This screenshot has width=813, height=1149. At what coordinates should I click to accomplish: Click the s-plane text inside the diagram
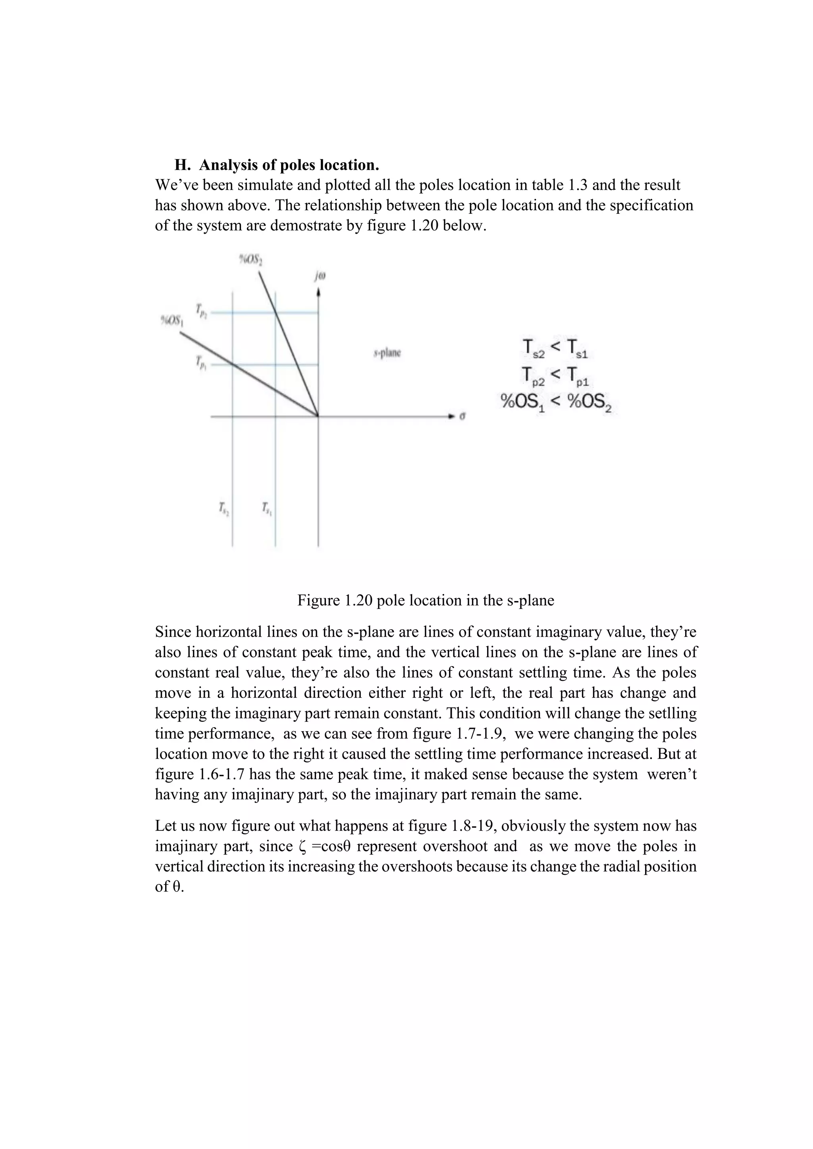[x=387, y=353]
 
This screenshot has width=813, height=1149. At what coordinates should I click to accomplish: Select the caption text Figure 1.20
[x=335, y=600]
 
